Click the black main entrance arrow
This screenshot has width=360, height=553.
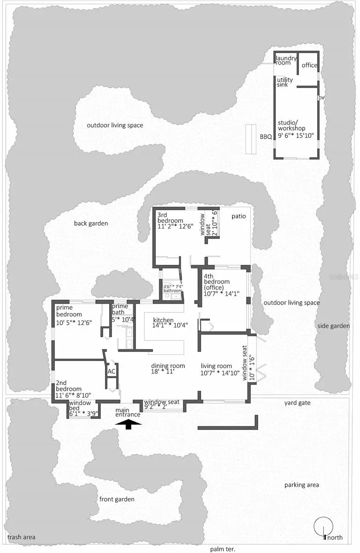(128, 424)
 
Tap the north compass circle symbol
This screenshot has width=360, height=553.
(323, 526)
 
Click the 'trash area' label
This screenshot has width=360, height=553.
(21, 537)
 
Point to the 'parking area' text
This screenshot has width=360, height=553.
(301, 485)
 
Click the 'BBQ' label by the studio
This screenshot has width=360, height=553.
(266, 137)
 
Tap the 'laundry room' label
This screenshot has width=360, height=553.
(286, 60)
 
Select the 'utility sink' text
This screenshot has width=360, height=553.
(285, 82)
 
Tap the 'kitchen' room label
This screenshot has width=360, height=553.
(163, 320)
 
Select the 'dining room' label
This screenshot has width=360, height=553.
(168, 366)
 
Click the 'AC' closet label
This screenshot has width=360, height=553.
(111, 371)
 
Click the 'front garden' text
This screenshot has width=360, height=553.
(117, 499)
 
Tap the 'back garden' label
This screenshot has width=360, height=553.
(91, 224)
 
